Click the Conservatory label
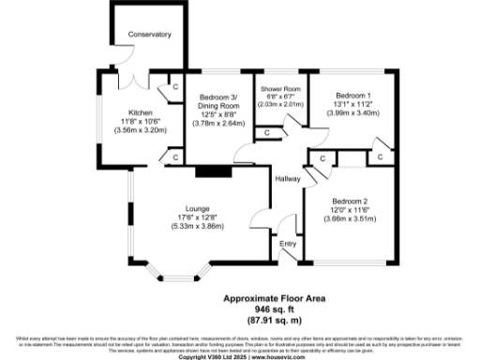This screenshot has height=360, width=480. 151,35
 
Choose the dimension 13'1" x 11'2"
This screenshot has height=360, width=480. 353,105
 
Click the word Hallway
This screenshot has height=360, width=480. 288,180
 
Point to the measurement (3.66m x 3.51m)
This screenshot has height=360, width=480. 353,217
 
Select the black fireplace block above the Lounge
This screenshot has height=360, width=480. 212,172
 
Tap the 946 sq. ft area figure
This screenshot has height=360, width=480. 269,309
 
